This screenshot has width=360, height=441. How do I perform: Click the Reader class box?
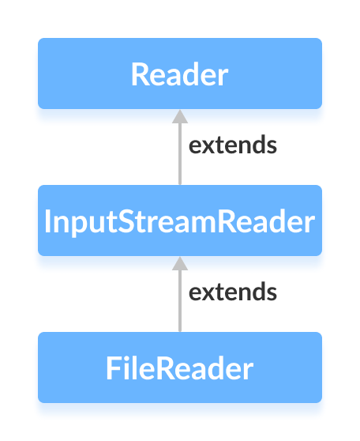pos(179,73)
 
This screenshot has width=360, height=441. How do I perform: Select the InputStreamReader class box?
pos(179,220)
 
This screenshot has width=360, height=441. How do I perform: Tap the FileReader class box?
pos(179,367)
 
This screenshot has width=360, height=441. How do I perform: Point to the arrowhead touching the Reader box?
pos(179,117)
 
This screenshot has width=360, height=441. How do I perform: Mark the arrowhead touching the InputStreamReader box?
pos(179,264)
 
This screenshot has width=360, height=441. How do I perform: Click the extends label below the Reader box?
pos(232,145)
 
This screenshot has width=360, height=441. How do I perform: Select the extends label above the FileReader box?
pos(232,292)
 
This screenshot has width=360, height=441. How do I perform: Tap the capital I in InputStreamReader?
pos(49,221)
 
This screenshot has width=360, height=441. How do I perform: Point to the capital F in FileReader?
pos(114,368)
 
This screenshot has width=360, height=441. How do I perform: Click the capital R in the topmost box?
pos(140,74)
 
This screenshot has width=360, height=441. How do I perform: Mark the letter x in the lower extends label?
pos(206,293)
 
